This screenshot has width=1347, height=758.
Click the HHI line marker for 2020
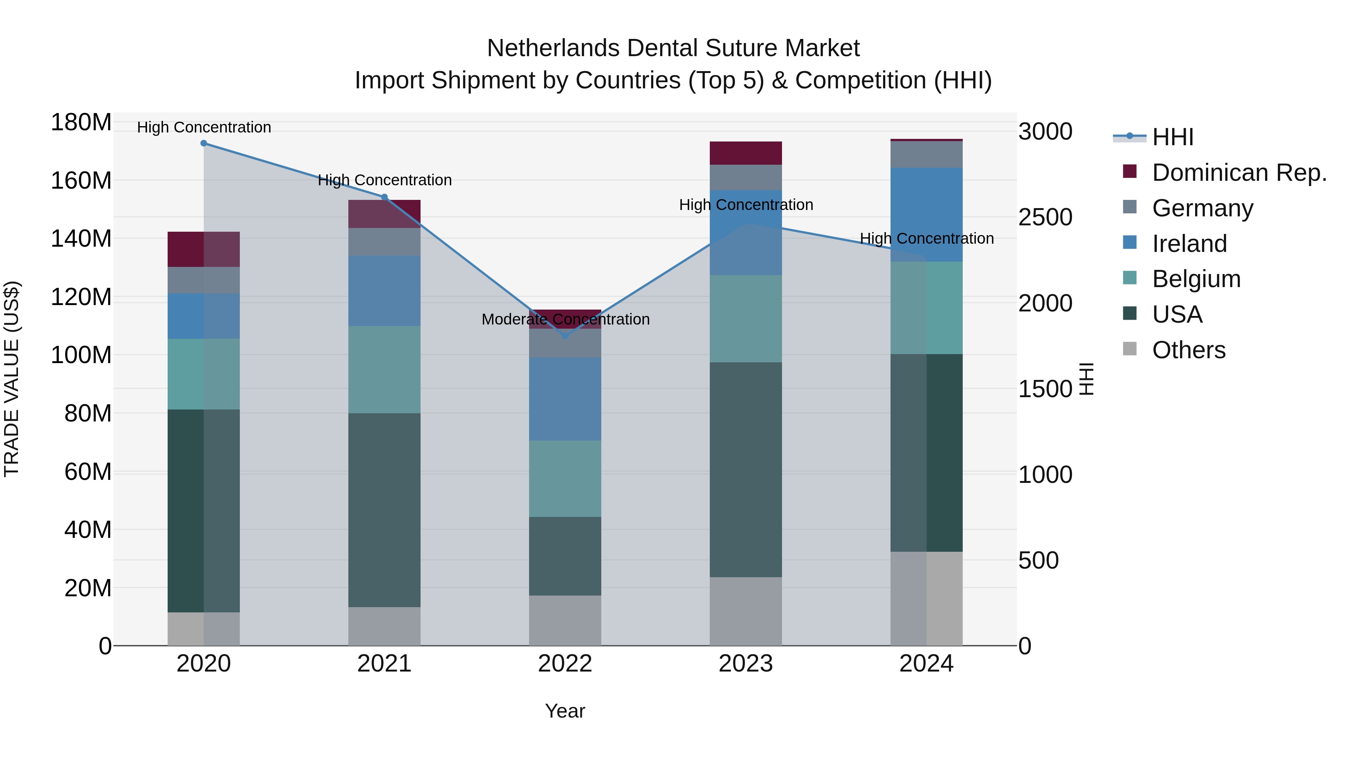click(204, 143)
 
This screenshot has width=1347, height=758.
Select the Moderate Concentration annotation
click(565, 319)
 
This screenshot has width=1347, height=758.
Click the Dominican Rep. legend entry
click(1239, 173)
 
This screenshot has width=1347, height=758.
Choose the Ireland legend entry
click(1189, 244)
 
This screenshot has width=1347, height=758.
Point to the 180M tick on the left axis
click(81, 122)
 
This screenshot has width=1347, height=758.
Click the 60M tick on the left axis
click(87, 472)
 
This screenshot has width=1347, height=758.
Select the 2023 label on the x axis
click(746, 664)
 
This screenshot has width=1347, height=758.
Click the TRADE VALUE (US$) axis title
click(12, 379)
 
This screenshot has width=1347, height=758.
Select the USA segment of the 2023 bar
click(746, 469)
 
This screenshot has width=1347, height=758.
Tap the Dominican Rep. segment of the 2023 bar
click(746, 153)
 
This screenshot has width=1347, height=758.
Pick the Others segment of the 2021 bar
click(384, 626)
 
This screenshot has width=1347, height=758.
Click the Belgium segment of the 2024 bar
click(926, 308)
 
